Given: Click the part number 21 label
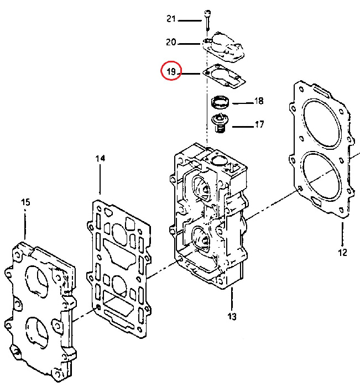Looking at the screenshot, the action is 171,19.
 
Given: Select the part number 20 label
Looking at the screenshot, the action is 171,42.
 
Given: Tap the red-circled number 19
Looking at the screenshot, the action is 171,71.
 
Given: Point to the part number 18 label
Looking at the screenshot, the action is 259,101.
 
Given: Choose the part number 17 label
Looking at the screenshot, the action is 259,124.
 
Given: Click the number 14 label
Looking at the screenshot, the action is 100,158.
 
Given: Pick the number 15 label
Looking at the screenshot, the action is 25,202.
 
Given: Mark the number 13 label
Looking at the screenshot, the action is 232,316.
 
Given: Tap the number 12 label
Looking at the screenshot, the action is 342,252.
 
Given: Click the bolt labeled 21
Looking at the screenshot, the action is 208,20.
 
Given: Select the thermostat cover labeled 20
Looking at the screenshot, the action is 223,47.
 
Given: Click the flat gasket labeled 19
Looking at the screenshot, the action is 224,76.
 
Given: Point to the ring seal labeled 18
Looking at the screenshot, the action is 220,102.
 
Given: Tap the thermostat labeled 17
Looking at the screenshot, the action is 220,123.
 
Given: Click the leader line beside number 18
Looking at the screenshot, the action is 243,103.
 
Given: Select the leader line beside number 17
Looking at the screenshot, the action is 243,127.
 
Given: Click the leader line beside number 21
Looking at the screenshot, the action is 190,21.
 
